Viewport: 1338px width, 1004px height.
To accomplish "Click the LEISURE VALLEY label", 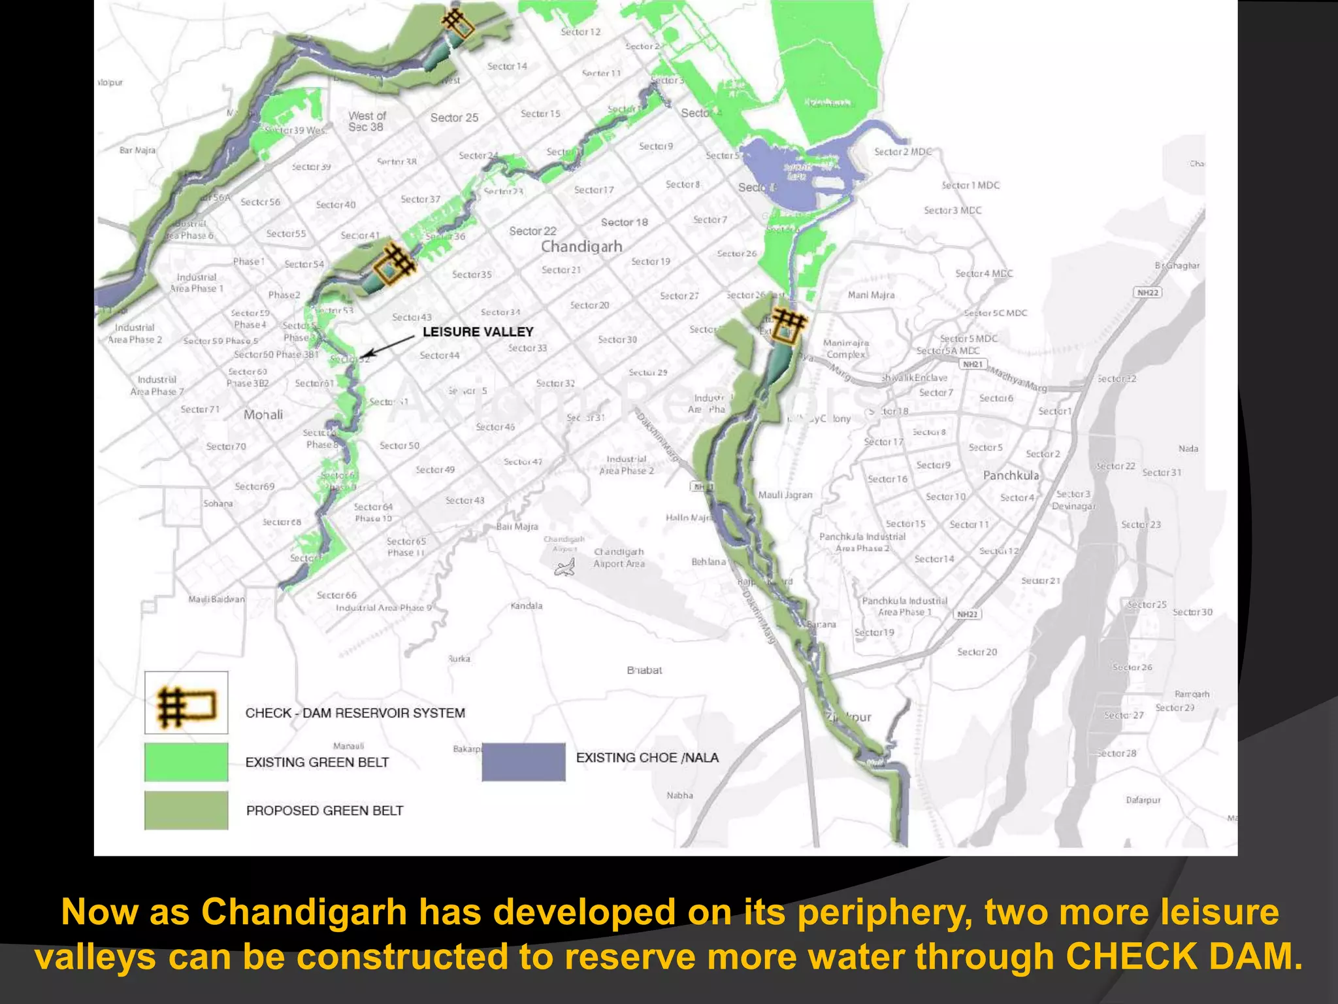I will pyautogui.click(x=478, y=332).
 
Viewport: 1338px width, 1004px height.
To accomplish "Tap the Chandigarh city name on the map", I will pyautogui.click(x=581, y=246).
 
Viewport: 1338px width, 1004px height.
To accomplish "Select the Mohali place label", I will pyautogui.click(x=263, y=414).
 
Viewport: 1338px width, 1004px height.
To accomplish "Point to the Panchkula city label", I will pyautogui.click(x=1011, y=475).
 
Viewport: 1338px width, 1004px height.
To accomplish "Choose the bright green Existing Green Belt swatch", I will pyautogui.click(x=186, y=761).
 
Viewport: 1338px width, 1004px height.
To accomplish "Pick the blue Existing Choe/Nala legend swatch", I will pyautogui.click(x=523, y=761).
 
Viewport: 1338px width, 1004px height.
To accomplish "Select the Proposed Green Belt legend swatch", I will pyautogui.click(x=186, y=811).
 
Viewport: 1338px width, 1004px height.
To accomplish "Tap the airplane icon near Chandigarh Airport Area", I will pyautogui.click(x=564, y=567).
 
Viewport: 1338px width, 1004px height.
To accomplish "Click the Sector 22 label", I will pyautogui.click(x=532, y=231).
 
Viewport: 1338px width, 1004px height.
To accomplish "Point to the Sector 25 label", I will pyautogui.click(x=454, y=118).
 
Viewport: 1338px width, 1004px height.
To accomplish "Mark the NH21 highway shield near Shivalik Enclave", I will pyautogui.click(x=973, y=364).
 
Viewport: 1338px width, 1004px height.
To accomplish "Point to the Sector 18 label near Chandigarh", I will pyautogui.click(x=624, y=222).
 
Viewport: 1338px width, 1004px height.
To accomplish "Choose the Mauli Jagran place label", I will pyautogui.click(x=785, y=495).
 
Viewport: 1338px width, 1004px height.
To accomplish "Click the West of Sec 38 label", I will pyautogui.click(x=367, y=121).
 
